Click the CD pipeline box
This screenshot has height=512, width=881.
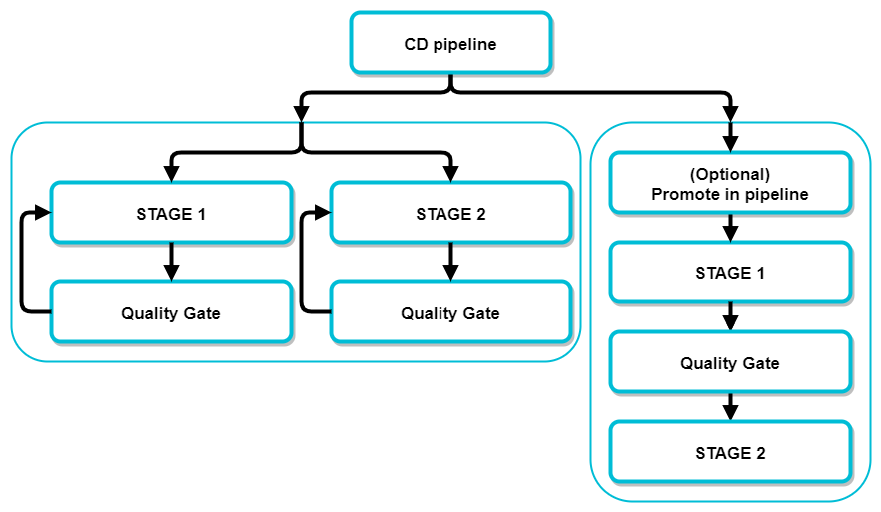pyautogui.click(x=449, y=43)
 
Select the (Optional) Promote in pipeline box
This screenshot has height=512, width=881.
pyautogui.click(x=729, y=184)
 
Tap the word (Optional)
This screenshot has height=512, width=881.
pyautogui.click(x=729, y=174)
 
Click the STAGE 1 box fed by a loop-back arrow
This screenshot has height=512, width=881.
pyautogui.click(x=171, y=213)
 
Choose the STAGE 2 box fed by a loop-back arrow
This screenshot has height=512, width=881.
pyautogui.click(x=450, y=213)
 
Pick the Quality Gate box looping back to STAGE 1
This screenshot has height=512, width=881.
pyautogui.click(x=171, y=313)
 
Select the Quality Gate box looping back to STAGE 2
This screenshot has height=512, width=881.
pyautogui.click(x=450, y=313)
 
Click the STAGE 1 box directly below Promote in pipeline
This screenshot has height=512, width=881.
pyautogui.click(x=729, y=273)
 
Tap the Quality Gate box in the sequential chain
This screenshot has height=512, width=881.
pyautogui.click(x=729, y=363)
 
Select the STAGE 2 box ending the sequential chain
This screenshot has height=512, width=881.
pyautogui.click(x=729, y=453)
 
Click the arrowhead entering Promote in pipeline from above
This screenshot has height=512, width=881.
pyautogui.click(x=730, y=143)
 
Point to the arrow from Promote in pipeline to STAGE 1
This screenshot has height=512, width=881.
pyautogui.click(x=730, y=229)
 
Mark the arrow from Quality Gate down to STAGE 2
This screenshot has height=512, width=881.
pyautogui.click(x=730, y=408)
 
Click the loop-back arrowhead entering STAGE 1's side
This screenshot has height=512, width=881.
pyautogui.click(x=42, y=212)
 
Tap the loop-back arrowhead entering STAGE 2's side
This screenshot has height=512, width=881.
pyautogui.click(x=322, y=212)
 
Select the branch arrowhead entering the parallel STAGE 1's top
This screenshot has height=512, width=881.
pyautogui.click(x=171, y=172)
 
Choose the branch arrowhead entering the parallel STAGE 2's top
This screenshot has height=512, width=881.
pyautogui.click(x=450, y=172)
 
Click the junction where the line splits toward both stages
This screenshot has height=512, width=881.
pyautogui.click(x=302, y=152)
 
